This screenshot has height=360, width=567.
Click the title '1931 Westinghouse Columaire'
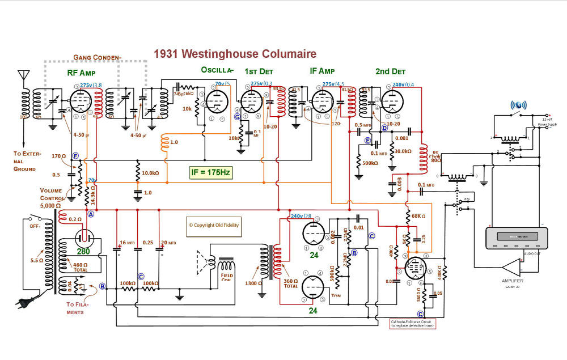[x=235, y=54]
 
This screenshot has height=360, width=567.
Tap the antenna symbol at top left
[x=23, y=76]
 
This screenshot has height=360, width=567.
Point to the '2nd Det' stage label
[x=390, y=71]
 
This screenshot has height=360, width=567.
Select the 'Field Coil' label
[x=227, y=278]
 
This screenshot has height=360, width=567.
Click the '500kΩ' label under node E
[x=370, y=163]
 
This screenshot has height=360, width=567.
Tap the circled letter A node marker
[x=90, y=215]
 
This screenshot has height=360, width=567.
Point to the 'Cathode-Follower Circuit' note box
[x=412, y=324]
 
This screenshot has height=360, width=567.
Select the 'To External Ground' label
[x=26, y=161]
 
